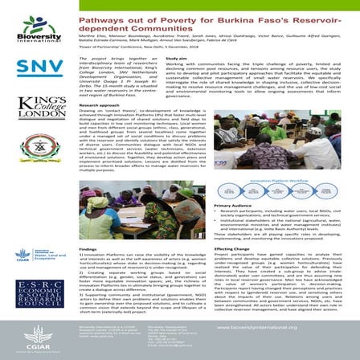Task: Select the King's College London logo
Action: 31,107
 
